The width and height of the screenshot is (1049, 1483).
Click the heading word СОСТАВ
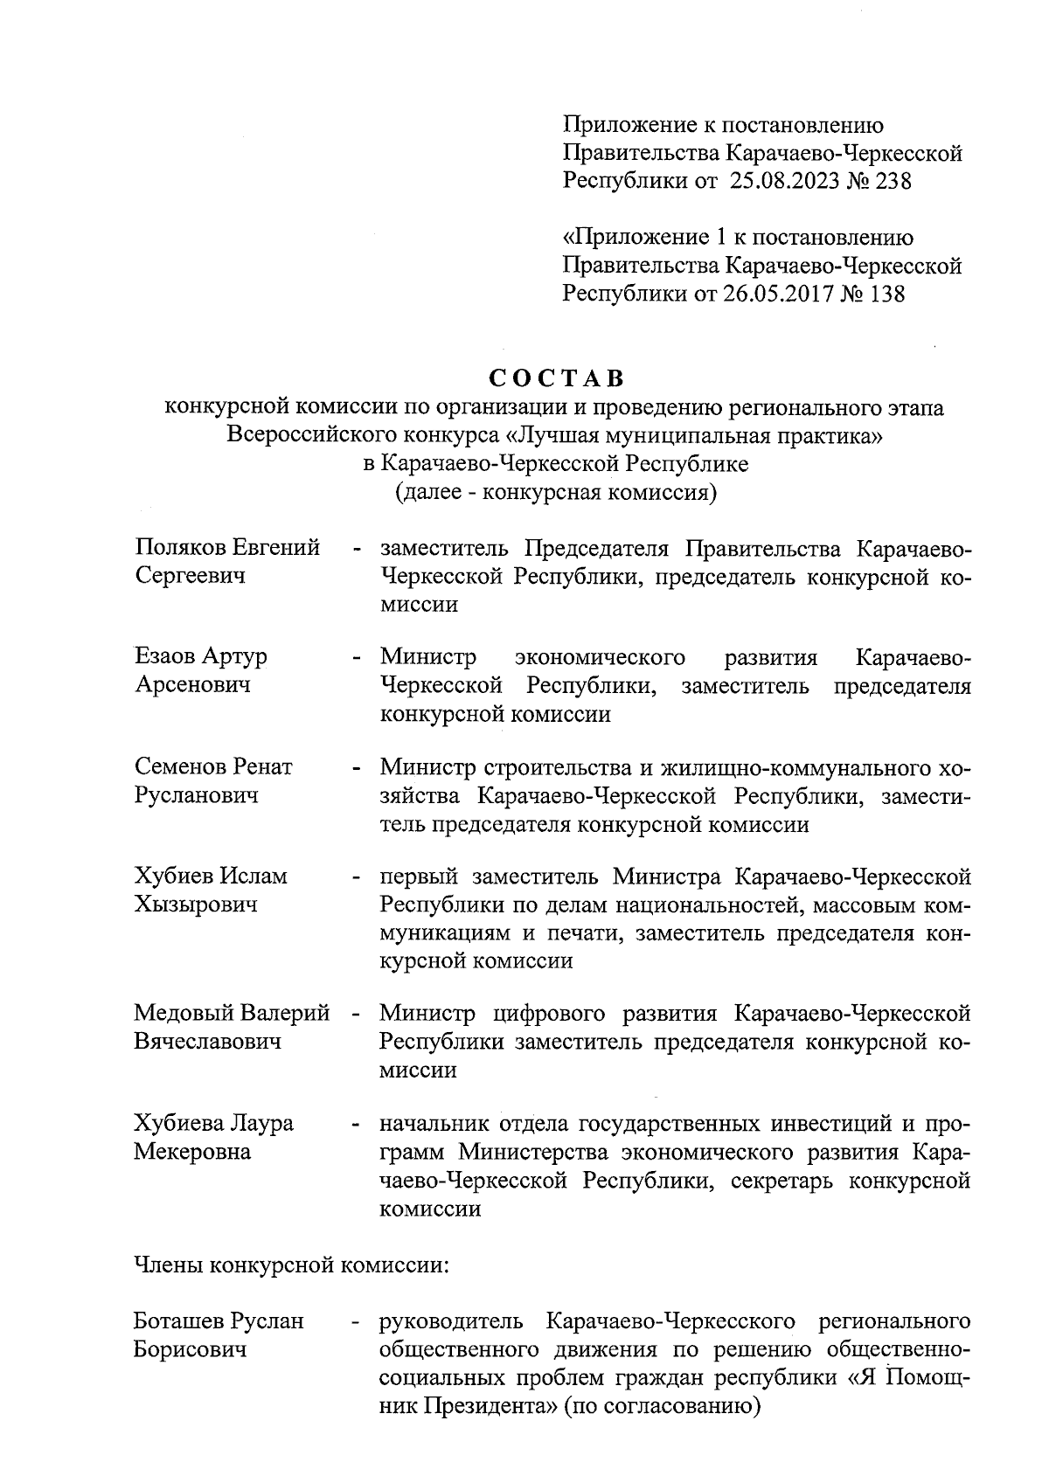pyautogui.click(x=556, y=378)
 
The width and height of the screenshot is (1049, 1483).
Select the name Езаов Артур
pyautogui.click(x=201, y=656)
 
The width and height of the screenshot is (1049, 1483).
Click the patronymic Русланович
pyautogui.click(x=197, y=795)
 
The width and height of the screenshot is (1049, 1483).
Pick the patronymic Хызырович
pyautogui.click(x=196, y=904)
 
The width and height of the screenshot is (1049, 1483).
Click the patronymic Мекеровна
pyautogui.click(x=192, y=1152)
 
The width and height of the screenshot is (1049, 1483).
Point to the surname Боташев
pyautogui.click(x=180, y=1320)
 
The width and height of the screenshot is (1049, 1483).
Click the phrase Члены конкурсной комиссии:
pyautogui.click(x=290, y=1265)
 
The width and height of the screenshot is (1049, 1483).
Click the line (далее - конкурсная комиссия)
pyautogui.click(x=556, y=492)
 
